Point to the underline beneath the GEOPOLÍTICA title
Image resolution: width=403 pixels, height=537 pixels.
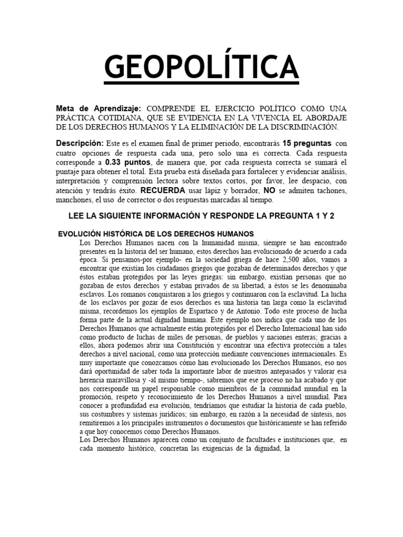[201, 83]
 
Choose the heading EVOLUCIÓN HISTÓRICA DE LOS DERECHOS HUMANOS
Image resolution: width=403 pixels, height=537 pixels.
[156, 233]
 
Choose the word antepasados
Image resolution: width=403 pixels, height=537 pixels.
[282, 384]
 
